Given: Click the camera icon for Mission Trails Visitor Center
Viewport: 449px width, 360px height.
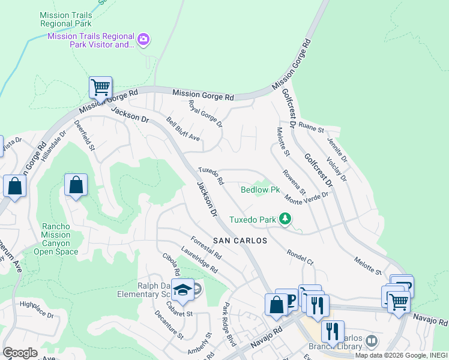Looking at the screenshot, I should [x=143, y=40].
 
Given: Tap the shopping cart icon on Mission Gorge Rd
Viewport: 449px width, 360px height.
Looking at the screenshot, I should [x=100, y=88].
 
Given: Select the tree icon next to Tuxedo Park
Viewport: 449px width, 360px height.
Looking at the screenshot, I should [x=286, y=220].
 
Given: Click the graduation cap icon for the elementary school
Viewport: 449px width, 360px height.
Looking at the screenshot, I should [x=181, y=290].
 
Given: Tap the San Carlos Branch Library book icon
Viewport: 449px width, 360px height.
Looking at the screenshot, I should [x=372, y=341].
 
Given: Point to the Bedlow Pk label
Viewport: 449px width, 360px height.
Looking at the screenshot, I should [x=260, y=190].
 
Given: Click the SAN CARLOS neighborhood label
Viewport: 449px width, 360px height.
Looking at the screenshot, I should [x=238, y=239].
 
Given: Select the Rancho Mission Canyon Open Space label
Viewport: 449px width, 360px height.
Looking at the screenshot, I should [x=59, y=239].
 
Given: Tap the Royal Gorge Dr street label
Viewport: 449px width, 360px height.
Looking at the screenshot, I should [x=205, y=114].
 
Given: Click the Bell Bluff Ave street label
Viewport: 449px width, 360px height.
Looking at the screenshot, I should [x=183, y=128].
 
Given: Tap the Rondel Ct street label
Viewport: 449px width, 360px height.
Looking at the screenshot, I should [x=300, y=257].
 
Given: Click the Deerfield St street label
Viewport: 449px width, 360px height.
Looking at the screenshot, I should [x=85, y=135].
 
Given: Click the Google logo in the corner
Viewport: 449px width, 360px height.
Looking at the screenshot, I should [x=20, y=353].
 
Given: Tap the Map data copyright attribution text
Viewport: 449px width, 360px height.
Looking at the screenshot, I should [x=408, y=355].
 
